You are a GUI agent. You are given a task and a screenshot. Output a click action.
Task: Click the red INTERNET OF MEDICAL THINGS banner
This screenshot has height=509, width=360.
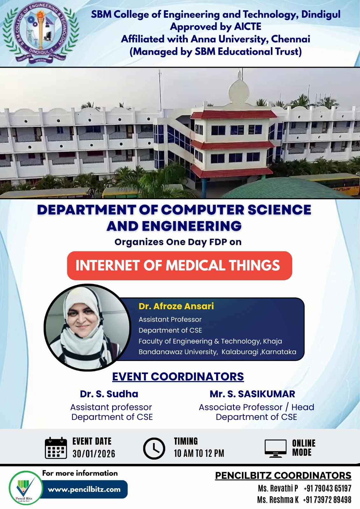179,266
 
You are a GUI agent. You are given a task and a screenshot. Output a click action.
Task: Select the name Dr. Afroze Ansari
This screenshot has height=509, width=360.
176,306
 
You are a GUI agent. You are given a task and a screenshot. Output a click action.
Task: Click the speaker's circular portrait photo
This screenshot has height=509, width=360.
88,327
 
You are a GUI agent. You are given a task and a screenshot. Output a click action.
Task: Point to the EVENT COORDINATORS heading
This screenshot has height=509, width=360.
178,377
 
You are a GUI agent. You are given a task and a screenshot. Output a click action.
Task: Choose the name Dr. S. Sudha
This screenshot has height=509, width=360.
109,394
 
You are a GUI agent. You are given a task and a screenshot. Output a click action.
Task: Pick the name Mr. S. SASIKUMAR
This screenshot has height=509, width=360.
252,394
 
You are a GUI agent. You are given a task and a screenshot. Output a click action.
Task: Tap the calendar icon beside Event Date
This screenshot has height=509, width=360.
56,448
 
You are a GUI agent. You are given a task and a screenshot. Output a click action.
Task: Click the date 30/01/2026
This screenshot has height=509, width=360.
94,454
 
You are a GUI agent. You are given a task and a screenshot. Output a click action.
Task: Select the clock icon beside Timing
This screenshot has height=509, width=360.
154,449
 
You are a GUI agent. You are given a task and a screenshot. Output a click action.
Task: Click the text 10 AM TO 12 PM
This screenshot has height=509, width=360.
199,453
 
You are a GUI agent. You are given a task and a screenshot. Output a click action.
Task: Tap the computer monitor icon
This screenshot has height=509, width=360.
275,448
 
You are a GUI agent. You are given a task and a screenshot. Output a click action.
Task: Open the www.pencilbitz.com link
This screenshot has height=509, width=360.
84,489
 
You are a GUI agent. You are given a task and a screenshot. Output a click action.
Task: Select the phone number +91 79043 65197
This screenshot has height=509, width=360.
327,488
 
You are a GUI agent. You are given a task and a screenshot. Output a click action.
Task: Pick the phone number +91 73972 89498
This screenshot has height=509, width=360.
327,500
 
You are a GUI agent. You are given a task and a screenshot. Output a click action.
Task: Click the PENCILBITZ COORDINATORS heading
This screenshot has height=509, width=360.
283,476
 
